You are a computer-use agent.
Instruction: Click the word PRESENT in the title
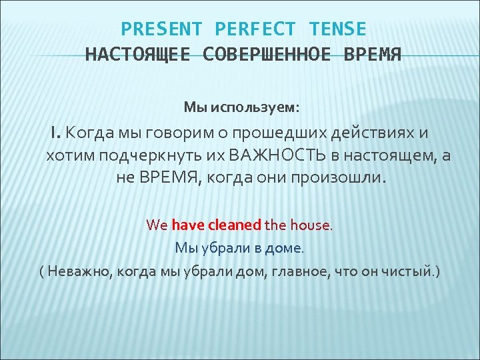(x=161, y=29)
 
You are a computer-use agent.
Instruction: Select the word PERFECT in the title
(x=255, y=29)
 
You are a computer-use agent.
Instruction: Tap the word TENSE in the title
(x=337, y=29)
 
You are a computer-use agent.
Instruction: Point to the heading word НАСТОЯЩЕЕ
(x=139, y=54)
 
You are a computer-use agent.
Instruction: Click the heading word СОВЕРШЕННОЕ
(x=266, y=54)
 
